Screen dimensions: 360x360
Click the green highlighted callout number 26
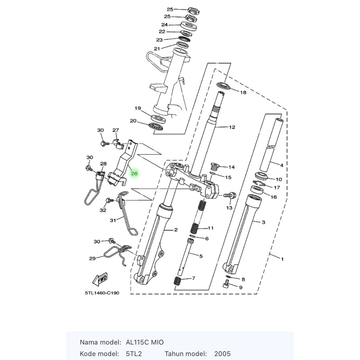click(134, 173)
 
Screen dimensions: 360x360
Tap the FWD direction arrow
click(99, 279)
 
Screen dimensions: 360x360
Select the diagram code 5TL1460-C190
click(102, 293)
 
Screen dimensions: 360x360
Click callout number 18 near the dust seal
click(243, 92)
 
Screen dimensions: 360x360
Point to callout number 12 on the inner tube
click(232, 127)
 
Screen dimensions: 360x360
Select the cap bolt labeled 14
click(214, 166)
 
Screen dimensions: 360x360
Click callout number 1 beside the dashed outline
click(282, 259)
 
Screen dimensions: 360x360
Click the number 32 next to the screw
click(103, 210)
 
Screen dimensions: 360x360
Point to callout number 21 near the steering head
click(157, 49)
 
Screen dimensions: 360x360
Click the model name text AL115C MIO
click(145, 342)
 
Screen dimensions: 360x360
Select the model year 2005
click(222, 354)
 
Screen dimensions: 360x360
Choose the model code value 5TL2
click(134, 354)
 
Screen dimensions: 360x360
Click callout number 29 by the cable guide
click(92, 258)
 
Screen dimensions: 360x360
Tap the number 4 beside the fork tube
click(281, 165)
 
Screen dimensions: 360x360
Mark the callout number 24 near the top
click(165, 25)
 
